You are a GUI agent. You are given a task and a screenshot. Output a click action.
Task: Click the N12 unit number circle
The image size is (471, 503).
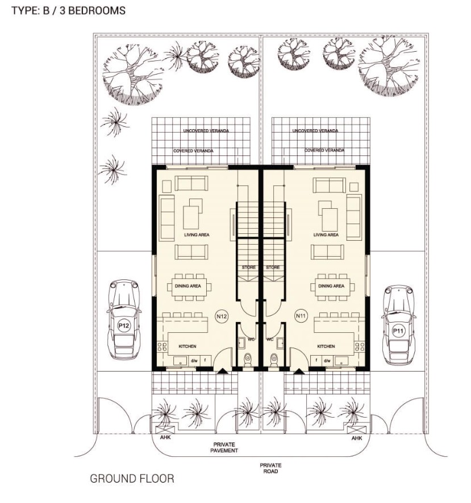point(222,315)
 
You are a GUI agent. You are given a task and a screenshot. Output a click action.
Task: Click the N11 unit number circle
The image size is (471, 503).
point(301,315)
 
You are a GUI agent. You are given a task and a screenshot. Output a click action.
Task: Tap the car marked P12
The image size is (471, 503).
point(124,319)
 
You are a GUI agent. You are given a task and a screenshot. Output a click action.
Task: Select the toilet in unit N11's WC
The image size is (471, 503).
point(274,359)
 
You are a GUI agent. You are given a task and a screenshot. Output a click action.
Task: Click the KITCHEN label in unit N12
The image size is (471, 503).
point(187,346)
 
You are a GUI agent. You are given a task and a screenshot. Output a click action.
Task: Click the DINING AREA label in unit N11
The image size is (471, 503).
point(331,286)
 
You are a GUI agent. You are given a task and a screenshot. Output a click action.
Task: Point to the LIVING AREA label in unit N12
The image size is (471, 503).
point(196,234)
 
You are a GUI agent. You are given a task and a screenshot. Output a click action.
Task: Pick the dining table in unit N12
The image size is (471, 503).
point(191,286)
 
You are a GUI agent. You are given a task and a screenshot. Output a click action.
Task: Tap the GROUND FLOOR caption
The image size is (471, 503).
point(132,479)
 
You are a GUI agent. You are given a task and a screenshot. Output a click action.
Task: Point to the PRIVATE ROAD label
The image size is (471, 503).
point(271,468)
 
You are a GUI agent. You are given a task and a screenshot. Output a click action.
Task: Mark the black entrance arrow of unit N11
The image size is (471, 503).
point(299,370)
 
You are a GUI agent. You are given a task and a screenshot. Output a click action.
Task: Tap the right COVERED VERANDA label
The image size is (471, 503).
point(324,150)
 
